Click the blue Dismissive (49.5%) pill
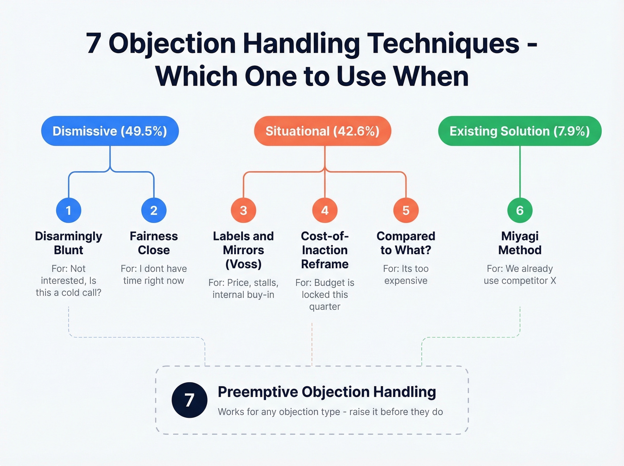tap(110, 131)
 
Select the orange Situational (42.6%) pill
tap(322, 131)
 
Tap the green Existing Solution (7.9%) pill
tap(520, 131)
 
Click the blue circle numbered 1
tap(69, 210)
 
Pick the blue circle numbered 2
tap(154, 210)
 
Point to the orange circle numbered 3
tap(243, 210)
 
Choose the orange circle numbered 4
tap(324, 210)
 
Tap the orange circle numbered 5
tap(406, 210)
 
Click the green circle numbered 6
tap(520, 210)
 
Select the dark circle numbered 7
tap(189, 400)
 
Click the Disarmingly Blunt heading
tap(69, 243)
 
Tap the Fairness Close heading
tap(154, 243)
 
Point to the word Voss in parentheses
tap(243, 264)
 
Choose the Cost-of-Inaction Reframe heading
tap(324, 250)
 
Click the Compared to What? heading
tap(406, 243)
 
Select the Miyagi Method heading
tap(520, 243)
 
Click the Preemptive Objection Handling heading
tap(327, 392)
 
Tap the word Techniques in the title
tap(443, 44)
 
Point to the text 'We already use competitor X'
tap(520, 275)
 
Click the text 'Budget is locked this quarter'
tap(325, 295)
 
